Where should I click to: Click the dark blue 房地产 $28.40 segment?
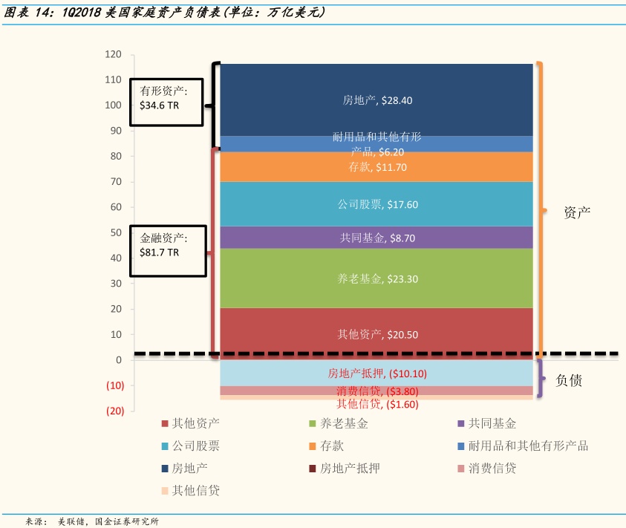[x=376, y=100]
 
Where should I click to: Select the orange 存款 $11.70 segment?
[x=376, y=168]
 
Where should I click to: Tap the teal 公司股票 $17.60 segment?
[x=376, y=204]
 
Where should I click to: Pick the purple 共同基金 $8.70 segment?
[x=376, y=238]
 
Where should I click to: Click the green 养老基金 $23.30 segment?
[x=376, y=279]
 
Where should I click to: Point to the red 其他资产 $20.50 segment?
[x=376, y=334]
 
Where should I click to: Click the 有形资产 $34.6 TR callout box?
[x=166, y=98]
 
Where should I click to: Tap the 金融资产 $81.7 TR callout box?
[x=166, y=245]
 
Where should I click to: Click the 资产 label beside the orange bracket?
[x=576, y=212]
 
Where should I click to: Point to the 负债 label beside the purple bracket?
[x=569, y=380]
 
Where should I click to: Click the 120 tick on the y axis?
[x=113, y=54]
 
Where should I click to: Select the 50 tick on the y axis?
[x=116, y=232]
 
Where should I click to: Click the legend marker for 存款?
[x=313, y=446]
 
